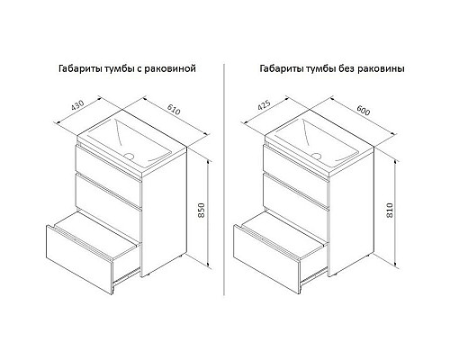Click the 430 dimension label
click(77, 105)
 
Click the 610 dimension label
click(174, 110)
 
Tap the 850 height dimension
click(202, 211)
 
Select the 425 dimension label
click(265, 105)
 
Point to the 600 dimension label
click(364, 111)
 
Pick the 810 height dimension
click(390, 211)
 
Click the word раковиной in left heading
click(170, 68)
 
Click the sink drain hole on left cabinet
click(130, 156)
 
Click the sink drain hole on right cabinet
click(317, 156)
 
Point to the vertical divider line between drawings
click(224, 179)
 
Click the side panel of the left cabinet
click(165, 211)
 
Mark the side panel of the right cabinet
click(352, 211)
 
